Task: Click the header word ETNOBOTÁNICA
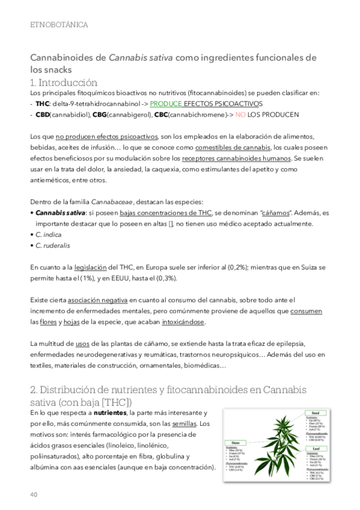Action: click(59, 25)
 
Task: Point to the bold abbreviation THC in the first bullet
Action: click(43, 103)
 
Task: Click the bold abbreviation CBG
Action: click(99, 114)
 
